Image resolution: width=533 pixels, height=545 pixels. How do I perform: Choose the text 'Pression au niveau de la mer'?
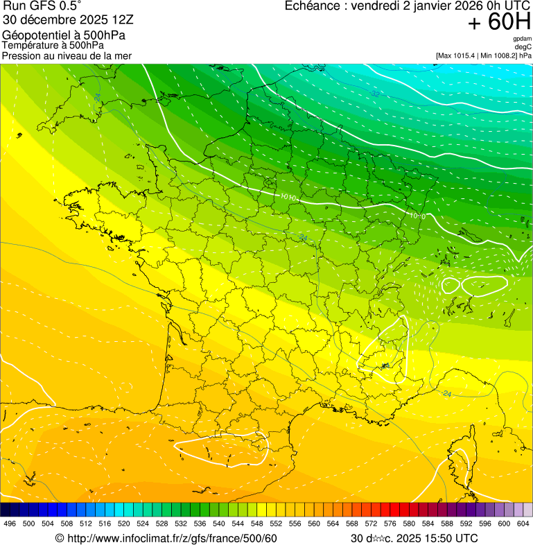(67, 55)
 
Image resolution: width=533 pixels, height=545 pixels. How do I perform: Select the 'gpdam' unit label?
(522, 39)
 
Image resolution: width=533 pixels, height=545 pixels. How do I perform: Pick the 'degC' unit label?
(523, 46)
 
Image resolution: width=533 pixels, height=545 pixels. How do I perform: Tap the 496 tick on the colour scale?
(10, 524)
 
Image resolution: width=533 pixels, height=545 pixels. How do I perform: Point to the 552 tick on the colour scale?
(276, 524)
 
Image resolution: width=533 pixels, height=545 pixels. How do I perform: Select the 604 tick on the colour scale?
(523, 524)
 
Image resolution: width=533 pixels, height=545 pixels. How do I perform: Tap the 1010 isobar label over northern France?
(289, 198)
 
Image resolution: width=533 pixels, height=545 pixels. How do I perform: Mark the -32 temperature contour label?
(375, 93)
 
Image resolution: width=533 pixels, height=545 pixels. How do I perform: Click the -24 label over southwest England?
(97, 97)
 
